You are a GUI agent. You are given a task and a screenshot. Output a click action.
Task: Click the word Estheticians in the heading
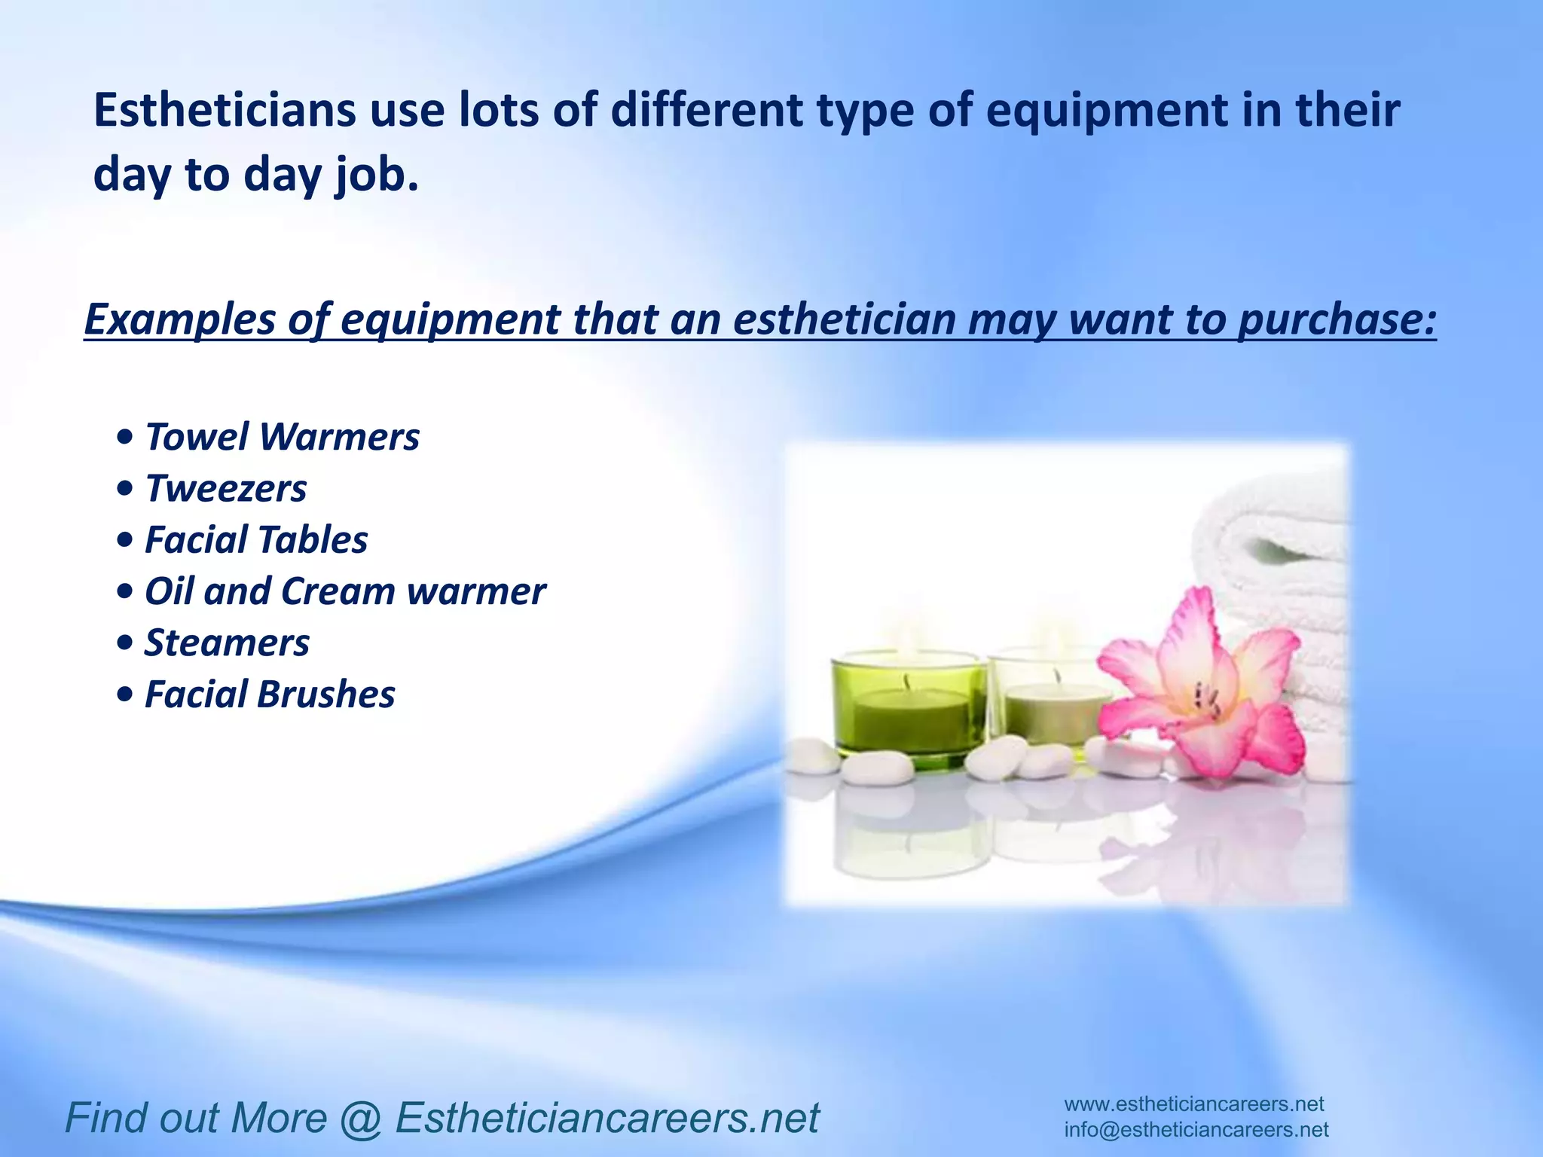coord(224,111)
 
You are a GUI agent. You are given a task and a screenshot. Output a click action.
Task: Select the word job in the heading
coord(374,176)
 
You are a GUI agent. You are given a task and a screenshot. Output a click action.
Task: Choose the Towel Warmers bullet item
coord(282,438)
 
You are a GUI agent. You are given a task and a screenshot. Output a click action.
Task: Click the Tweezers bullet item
coord(225,489)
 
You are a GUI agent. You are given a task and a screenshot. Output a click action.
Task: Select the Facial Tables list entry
coord(256,540)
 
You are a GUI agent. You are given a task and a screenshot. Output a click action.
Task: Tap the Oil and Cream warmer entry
coord(344,591)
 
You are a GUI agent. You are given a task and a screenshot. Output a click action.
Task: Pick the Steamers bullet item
coord(227,643)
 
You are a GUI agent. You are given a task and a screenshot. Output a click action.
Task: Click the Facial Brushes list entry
coord(269,695)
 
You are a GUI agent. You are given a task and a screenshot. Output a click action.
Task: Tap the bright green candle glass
coord(907,704)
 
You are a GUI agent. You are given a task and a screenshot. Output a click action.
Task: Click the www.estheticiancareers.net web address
coord(1193,1105)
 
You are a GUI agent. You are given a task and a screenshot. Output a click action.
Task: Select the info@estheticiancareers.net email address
coord(1196,1130)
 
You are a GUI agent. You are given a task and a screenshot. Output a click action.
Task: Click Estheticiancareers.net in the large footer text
coord(607,1119)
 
